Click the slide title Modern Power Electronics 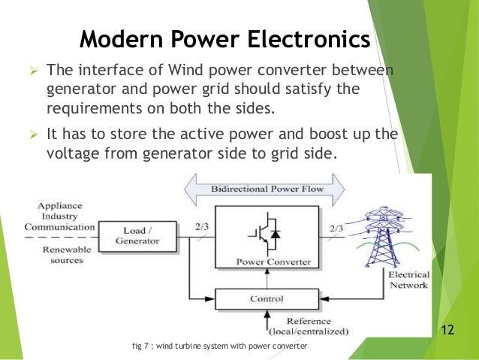(224, 38)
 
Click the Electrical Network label (408, 280)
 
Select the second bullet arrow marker (33, 135)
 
